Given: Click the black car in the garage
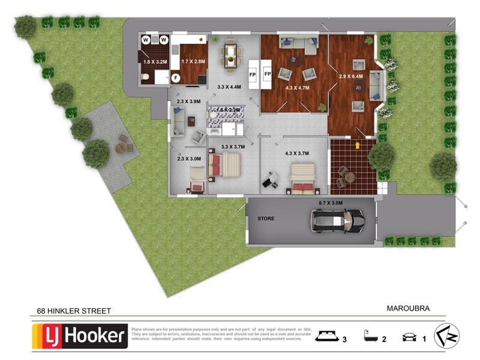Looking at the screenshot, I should [x=337, y=221].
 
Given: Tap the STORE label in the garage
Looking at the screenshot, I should [x=266, y=218].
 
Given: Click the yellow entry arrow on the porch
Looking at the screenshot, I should [x=358, y=145].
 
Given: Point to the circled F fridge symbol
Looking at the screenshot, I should [x=176, y=78].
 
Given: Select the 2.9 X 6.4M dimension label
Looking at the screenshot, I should [x=352, y=77].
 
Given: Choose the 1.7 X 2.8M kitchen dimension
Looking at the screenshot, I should [x=193, y=61].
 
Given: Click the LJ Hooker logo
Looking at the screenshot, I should [x=80, y=335].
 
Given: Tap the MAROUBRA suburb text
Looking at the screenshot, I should [x=408, y=308].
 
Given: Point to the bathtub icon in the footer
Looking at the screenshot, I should [x=371, y=335].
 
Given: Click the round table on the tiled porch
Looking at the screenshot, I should [x=349, y=177].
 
